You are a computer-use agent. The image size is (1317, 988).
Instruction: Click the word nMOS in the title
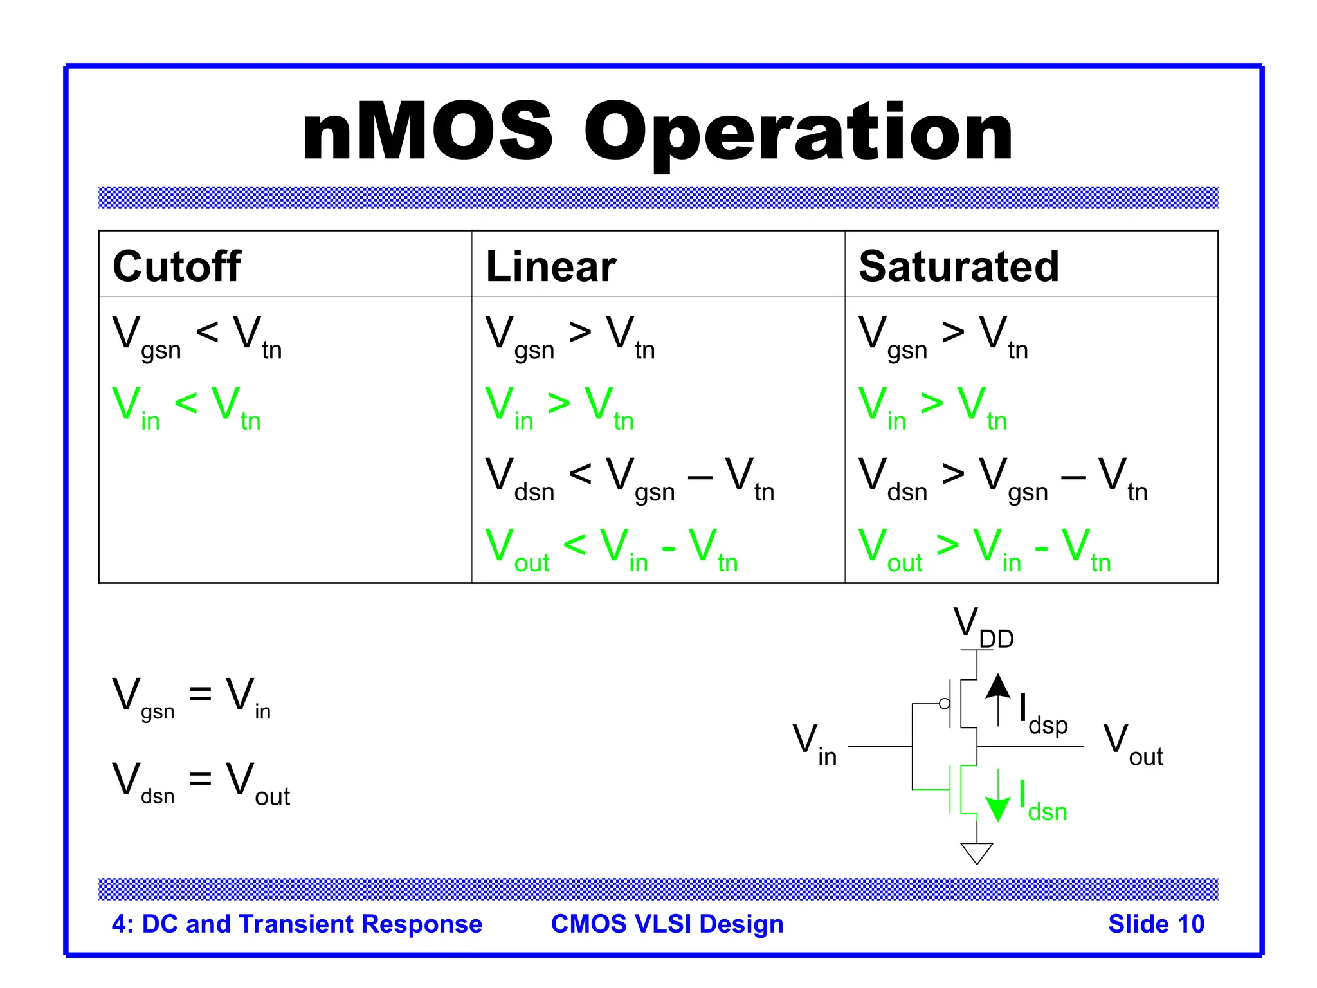428,134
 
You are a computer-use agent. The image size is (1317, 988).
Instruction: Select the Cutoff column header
177,266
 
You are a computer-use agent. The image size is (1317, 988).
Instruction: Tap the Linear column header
550,266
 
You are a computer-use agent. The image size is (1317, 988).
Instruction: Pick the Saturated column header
958,266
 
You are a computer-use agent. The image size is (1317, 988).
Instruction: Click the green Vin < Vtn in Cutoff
186,407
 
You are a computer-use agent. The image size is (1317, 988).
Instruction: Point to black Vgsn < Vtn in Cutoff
197,336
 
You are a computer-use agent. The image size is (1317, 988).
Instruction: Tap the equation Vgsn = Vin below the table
191,697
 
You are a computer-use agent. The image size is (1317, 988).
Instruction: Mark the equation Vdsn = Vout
201,782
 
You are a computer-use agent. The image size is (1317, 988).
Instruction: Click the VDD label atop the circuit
983,627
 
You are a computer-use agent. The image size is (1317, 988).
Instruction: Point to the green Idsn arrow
997,798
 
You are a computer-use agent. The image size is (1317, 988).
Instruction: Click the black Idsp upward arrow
997,697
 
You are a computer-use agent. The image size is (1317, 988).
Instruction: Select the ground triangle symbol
976,852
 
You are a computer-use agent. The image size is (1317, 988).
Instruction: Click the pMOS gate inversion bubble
944,704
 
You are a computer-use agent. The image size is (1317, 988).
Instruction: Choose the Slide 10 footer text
1156,924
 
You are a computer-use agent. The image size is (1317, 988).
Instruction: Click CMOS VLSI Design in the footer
667,924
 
